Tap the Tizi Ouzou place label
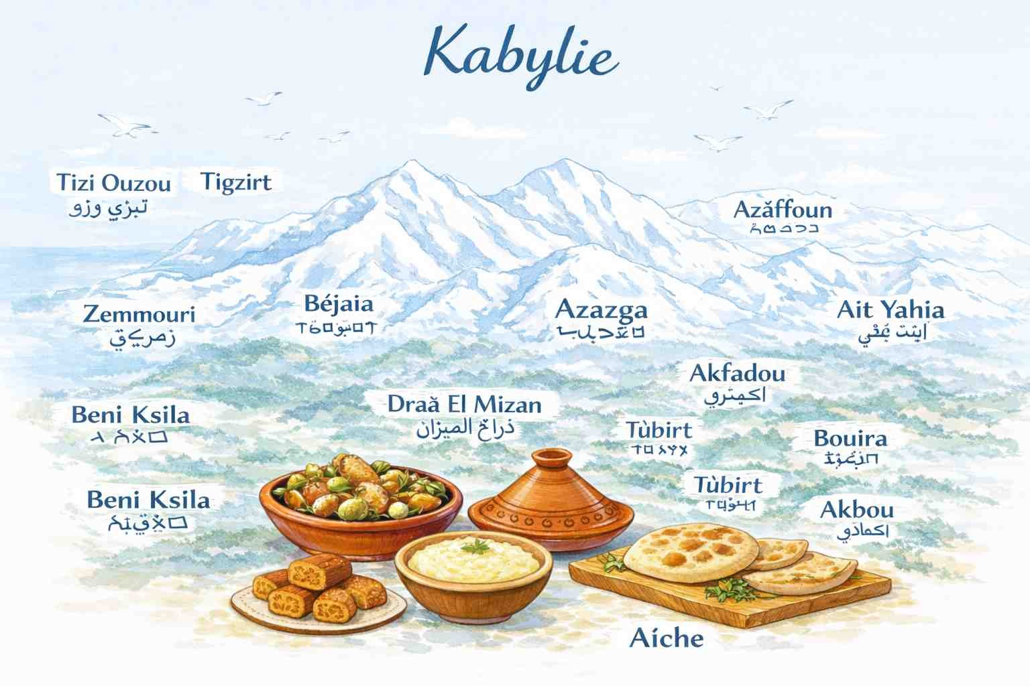113,183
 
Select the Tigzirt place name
236,182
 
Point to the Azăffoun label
782,210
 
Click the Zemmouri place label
139,314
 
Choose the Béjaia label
339,304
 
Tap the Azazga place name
602,310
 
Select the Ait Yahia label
891,310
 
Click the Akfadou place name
737,373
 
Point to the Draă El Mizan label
464,405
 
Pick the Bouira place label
850,439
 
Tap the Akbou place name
856,510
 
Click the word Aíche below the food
667,638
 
